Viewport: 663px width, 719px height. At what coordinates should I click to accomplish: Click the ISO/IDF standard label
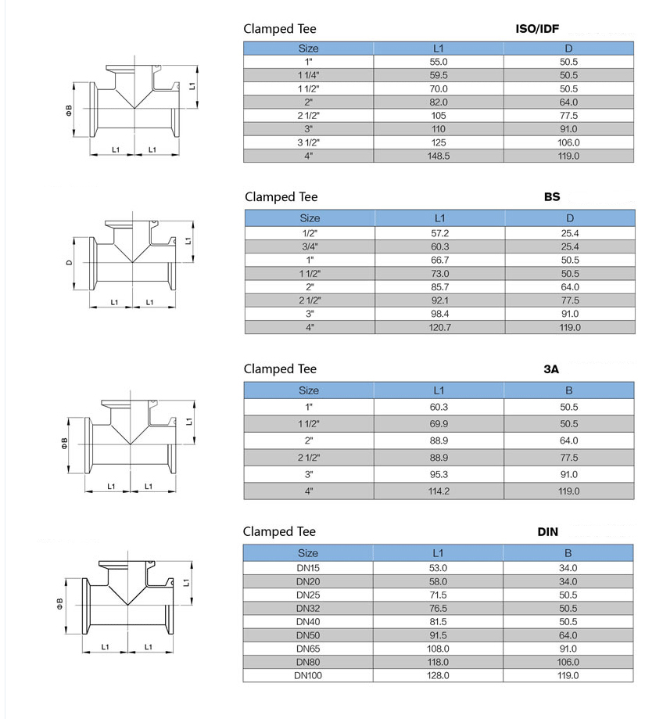(537, 29)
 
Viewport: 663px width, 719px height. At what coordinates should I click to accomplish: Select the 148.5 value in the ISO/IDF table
(439, 156)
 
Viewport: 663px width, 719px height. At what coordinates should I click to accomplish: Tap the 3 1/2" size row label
(308, 142)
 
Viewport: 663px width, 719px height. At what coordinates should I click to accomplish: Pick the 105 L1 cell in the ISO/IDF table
(439, 116)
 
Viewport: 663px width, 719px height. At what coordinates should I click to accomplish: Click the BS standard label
(552, 196)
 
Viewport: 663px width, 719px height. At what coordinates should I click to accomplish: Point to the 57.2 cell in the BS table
(440, 233)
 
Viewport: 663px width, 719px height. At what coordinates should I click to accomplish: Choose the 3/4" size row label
(310, 246)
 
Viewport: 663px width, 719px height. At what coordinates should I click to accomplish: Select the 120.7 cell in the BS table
(440, 327)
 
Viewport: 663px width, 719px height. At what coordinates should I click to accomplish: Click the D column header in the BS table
(570, 218)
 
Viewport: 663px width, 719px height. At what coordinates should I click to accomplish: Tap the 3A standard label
(551, 369)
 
